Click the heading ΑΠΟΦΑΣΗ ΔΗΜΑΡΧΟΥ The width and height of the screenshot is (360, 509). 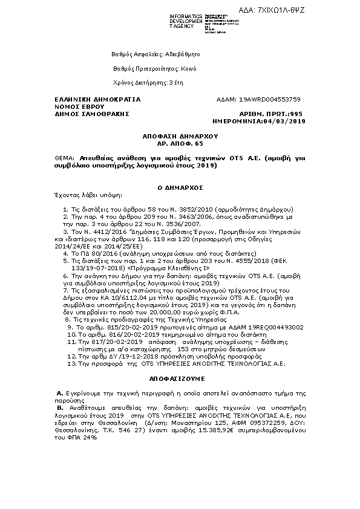coord(180,137)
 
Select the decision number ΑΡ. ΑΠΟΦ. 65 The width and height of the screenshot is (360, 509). coord(180,144)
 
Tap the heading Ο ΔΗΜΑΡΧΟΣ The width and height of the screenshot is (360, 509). coord(180,187)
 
